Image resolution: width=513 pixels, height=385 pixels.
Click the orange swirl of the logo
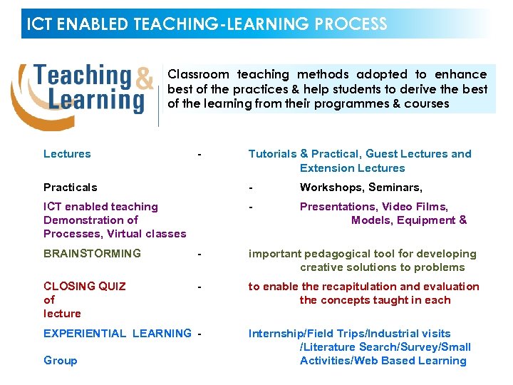click(x=21, y=100)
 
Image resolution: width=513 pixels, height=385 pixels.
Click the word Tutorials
click(x=272, y=154)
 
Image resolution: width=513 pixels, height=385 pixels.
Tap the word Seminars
click(x=395, y=188)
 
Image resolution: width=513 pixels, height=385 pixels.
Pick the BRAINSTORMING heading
click(x=92, y=253)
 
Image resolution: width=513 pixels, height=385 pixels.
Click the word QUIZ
click(x=110, y=287)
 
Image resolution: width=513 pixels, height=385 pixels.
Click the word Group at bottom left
click(x=61, y=361)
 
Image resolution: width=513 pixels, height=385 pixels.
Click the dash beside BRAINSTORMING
click(x=201, y=254)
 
